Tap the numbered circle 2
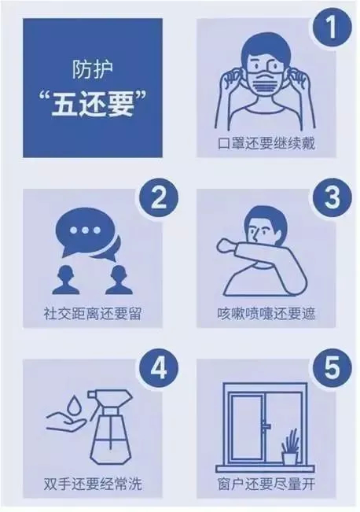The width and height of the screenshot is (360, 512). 158,198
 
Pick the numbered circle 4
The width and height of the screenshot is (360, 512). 158,367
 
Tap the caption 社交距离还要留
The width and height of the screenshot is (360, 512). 94,315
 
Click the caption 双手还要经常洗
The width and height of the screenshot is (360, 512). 94,483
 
